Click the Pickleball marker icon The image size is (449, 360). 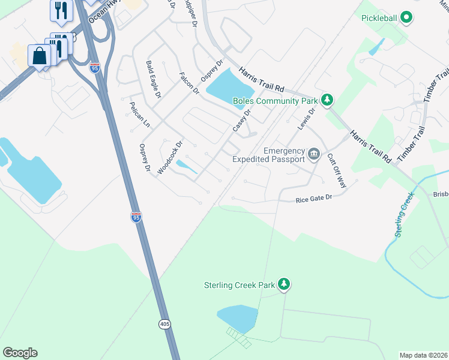coord(407,18)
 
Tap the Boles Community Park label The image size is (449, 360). coord(276,100)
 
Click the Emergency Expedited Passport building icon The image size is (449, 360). coord(313,155)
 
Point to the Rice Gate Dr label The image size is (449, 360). coord(313,199)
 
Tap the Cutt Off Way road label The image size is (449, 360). coord(336,171)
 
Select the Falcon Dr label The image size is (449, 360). coord(188,83)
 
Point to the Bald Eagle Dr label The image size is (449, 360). coord(154,79)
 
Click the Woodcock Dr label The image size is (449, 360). coord(169,158)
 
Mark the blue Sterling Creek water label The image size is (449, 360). coord(405,214)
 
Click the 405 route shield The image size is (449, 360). coord(164,324)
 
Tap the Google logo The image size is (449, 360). coord(20,353)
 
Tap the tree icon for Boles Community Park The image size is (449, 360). coord(327,100)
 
